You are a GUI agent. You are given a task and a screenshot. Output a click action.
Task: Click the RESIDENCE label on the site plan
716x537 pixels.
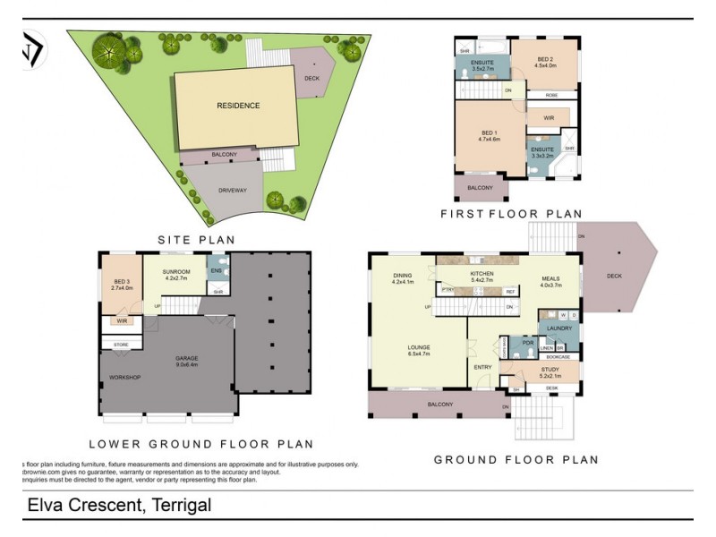tap(238, 106)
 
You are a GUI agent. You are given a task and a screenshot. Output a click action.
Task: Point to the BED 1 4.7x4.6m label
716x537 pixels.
tap(489, 136)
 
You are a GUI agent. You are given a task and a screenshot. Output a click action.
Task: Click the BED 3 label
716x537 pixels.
tap(121, 285)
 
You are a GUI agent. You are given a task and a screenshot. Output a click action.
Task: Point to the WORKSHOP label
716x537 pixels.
tap(126, 377)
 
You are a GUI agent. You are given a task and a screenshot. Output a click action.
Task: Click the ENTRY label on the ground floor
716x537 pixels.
tap(483, 367)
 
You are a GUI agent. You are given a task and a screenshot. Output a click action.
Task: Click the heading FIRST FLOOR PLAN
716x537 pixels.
tap(511, 214)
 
